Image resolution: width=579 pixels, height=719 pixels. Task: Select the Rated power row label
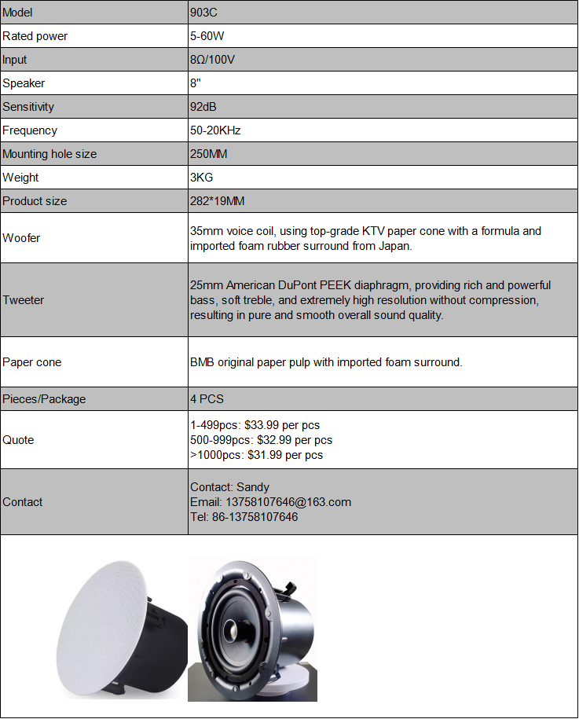(35, 36)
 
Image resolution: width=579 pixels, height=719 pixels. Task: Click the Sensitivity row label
(28, 107)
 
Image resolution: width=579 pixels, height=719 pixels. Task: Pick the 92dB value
(203, 107)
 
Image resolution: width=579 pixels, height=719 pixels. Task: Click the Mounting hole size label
(49, 154)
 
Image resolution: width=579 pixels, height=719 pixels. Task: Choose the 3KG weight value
(202, 178)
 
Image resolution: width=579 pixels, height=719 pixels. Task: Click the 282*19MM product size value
(218, 201)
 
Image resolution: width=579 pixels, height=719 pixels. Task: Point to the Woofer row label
(21, 238)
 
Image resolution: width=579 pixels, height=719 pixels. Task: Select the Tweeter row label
(24, 300)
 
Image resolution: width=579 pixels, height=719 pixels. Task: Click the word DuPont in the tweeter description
(310, 285)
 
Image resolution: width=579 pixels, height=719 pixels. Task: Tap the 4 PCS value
(207, 399)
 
